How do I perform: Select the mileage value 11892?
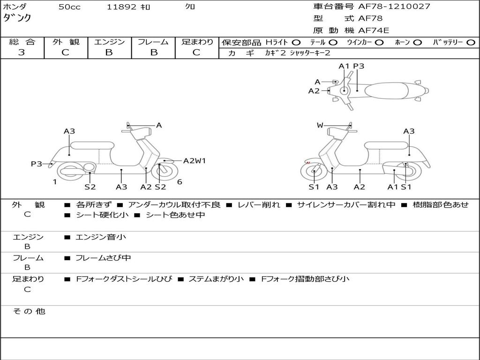(x=121, y=7)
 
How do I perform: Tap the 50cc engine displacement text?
(x=69, y=7)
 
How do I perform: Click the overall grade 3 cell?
(x=22, y=52)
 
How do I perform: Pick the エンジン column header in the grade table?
(x=109, y=42)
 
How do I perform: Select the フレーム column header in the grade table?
(x=153, y=42)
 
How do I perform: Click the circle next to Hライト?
(x=296, y=42)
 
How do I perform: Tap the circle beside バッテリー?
(x=471, y=42)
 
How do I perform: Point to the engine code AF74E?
(x=374, y=30)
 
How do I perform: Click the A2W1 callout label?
(x=194, y=161)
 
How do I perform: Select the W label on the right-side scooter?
(x=320, y=125)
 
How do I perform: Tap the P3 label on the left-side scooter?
(x=37, y=164)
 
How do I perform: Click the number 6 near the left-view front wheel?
(x=180, y=182)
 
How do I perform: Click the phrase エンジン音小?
(x=100, y=237)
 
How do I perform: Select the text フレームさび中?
(x=103, y=258)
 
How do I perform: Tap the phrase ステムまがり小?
(x=216, y=279)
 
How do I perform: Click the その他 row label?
(x=29, y=311)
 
